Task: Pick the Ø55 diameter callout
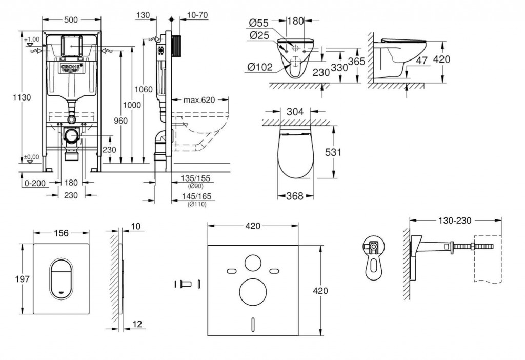259,22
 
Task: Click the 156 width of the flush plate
61,233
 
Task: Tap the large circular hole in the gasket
252,291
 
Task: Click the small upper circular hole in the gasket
252,262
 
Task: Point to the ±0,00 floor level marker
31,157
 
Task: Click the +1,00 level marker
31,39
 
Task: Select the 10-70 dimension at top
197,15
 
